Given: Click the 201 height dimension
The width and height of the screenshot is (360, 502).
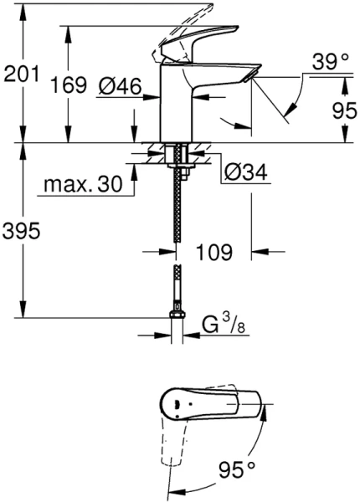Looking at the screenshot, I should pos(21,75).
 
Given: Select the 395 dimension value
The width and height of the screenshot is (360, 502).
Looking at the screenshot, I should pos(22,232).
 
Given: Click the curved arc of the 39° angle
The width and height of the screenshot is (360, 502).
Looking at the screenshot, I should pos(294,105).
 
